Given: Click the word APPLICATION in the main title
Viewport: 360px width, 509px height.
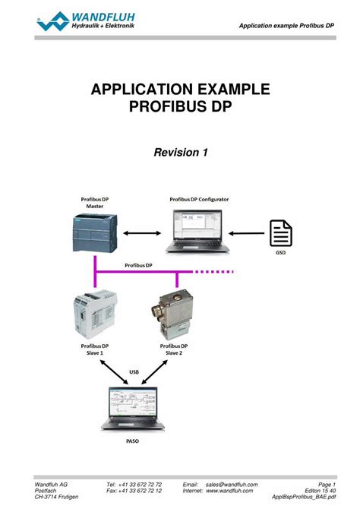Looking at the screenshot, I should pyautogui.click(x=144, y=90).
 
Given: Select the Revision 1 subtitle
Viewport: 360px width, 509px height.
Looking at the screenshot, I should pyautogui.click(x=181, y=153).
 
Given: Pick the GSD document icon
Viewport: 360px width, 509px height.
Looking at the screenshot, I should pyautogui.click(x=282, y=233).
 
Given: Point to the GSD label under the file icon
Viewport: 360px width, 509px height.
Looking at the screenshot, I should pyautogui.click(x=282, y=254).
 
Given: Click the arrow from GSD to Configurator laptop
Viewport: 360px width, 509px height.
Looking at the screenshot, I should pyautogui.click(x=248, y=233).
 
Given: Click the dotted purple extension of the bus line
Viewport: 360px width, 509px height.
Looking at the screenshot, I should pyautogui.click(x=213, y=271).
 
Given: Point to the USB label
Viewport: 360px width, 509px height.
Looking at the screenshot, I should pyautogui.click(x=134, y=371).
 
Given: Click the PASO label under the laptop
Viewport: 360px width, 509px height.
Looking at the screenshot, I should pyautogui.click(x=132, y=439).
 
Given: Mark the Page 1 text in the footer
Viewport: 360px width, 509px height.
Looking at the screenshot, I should pyautogui.click(x=327, y=485).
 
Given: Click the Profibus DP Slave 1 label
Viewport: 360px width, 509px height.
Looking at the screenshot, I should pyautogui.click(x=92, y=349).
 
